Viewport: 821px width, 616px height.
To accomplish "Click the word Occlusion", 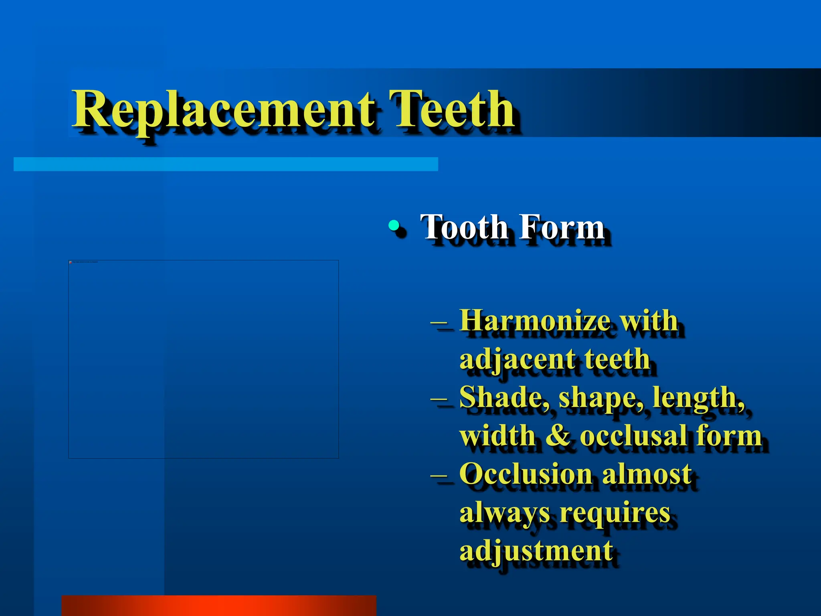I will click(526, 474).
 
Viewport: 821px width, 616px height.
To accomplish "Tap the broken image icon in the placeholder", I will click(71, 262).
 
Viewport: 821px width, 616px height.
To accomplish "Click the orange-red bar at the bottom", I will click(219, 606).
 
